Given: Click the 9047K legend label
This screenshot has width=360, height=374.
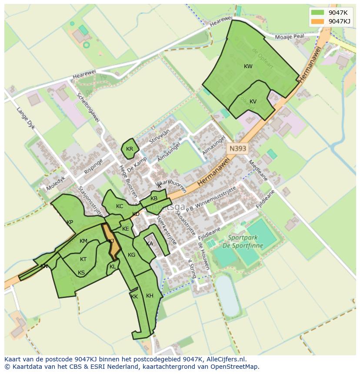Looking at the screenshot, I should pos(338,13).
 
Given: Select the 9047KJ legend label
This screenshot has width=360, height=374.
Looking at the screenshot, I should pos(340,21).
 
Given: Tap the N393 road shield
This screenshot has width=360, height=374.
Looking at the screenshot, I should pos(237,149).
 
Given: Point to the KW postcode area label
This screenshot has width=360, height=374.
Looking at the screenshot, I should pos(248,66).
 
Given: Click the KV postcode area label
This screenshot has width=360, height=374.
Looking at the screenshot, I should pos(253,102).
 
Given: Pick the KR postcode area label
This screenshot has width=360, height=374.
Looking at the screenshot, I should pos(130,149).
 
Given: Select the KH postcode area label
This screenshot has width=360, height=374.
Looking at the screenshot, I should pos(150,296).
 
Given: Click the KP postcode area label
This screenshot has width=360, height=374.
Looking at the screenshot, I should pos(70,222).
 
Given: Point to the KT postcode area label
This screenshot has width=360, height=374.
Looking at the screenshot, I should pos(83,259).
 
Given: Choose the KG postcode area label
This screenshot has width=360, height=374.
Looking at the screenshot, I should pos(132,255).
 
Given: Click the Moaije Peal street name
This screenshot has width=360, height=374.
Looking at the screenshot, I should pos(292,37).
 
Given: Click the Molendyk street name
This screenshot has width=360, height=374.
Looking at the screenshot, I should pos(56,179).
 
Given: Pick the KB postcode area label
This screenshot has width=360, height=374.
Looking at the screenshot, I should pos(154,199).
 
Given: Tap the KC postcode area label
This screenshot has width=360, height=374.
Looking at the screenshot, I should pos(120,206).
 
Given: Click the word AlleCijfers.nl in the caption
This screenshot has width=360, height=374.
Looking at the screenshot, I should pos(225,359).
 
